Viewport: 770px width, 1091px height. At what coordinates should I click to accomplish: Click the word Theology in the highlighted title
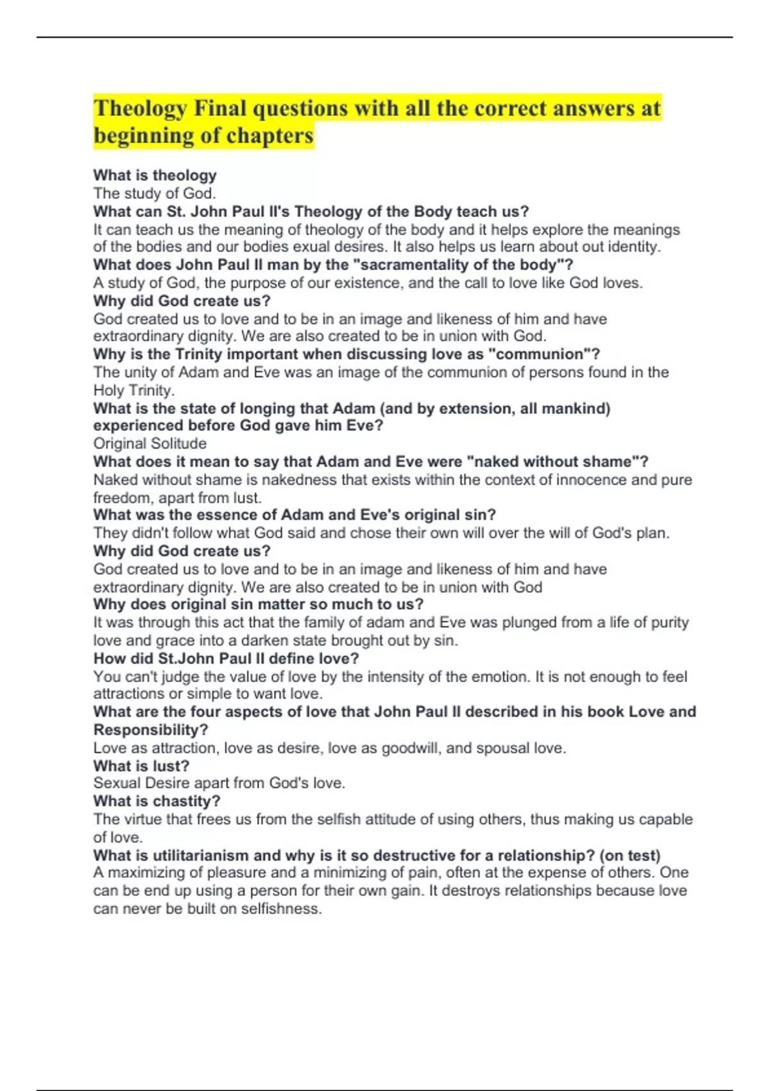coord(140,108)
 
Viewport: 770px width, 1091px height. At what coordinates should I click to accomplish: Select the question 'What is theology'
coord(155,175)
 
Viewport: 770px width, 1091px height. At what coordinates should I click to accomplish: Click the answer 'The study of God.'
coord(155,193)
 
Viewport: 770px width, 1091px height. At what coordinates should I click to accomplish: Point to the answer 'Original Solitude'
coord(150,443)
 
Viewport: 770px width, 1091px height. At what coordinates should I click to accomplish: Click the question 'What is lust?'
coord(141,766)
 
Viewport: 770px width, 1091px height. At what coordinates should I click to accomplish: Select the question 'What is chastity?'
coord(157,801)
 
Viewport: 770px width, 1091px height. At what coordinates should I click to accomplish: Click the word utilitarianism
coord(198,855)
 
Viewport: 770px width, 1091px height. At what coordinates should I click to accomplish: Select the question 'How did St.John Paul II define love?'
coord(226,658)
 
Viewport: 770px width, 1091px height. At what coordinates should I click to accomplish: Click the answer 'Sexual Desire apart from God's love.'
coord(219,783)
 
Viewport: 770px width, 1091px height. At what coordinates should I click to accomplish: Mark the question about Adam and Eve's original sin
coord(295,515)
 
